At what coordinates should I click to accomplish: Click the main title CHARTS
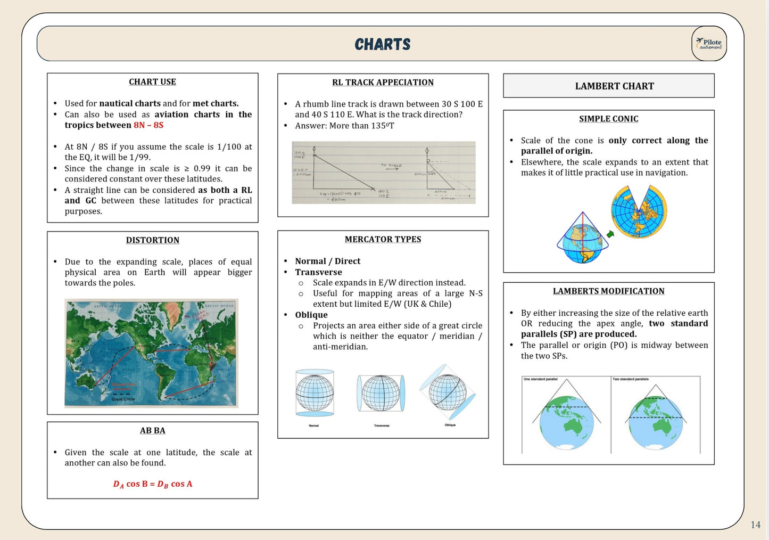383,44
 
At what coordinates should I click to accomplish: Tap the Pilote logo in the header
709,44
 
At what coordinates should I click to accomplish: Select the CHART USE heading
152,82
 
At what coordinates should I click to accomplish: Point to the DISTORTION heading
153,240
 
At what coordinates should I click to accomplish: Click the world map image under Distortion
151,353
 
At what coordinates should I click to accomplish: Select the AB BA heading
153,431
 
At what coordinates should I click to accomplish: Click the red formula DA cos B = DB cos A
153,484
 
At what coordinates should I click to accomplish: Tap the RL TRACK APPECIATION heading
383,83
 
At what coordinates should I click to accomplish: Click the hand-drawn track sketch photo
383,173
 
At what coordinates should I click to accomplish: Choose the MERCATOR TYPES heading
383,240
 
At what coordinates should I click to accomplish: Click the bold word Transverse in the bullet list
318,272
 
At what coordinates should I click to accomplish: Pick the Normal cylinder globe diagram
315,393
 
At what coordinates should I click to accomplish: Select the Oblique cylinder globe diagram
448,393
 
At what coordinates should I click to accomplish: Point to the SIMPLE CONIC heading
608,119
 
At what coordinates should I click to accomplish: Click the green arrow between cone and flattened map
610,234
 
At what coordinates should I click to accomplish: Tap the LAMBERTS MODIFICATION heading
608,291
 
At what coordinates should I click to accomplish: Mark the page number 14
755,525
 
